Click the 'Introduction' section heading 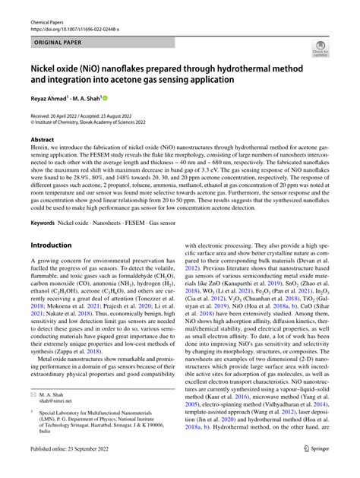(51, 245)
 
